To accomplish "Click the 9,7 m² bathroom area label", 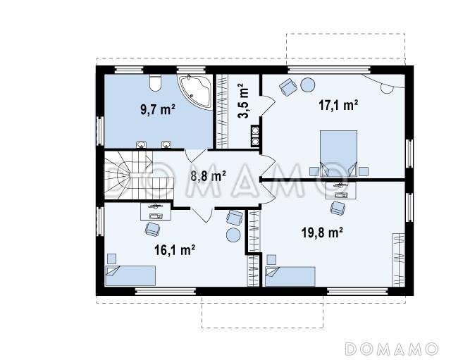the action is pyautogui.click(x=158, y=109).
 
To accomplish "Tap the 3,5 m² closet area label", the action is pyautogui.click(x=243, y=101).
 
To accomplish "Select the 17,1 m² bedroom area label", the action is pyautogui.click(x=338, y=105).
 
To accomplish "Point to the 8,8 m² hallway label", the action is pyautogui.click(x=208, y=175).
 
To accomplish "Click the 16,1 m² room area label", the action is pyautogui.click(x=175, y=250).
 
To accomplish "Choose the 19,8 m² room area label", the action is pyautogui.click(x=322, y=232).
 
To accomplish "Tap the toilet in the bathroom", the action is pyautogui.click(x=155, y=83).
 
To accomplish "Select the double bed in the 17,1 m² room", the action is pyautogui.click(x=338, y=154).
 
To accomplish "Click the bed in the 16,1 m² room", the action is pyautogui.click(x=130, y=275).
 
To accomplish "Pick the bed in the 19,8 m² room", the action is pyautogui.click(x=290, y=276).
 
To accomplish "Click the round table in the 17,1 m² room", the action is pyautogui.click(x=308, y=85).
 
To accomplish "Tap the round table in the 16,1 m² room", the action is pyautogui.click(x=233, y=235).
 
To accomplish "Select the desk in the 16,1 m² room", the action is pyautogui.click(x=156, y=211).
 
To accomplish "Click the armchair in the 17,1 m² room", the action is pyautogui.click(x=288, y=87).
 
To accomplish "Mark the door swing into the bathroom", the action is pyautogui.click(x=195, y=156).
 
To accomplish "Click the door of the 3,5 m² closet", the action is pyautogui.click(x=268, y=106).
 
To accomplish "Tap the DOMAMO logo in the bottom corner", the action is pyautogui.click(x=392, y=349).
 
